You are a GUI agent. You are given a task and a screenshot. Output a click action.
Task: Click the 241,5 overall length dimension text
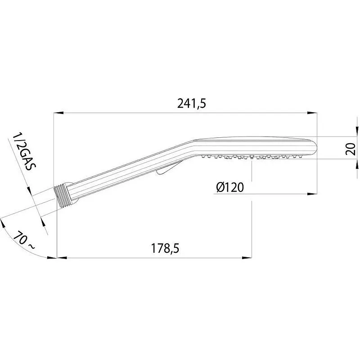192,104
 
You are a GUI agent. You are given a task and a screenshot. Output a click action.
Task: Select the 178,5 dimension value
165,248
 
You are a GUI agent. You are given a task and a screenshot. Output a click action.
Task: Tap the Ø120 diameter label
230,187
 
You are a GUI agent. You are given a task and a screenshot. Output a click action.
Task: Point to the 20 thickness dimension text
351,149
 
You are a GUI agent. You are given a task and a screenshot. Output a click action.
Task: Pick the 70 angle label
20,238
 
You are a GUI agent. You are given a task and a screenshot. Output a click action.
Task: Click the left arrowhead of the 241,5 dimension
58,113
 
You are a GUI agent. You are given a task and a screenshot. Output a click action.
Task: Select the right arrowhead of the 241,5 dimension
312,113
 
